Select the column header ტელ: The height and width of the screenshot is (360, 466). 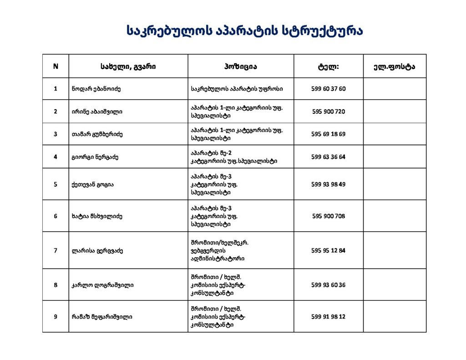point(328,66)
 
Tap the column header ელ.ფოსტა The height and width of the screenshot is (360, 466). point(395,66)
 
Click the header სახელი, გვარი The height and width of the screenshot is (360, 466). point(128,66)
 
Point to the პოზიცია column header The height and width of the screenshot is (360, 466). point(240,66)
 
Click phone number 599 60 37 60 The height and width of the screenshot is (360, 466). point(328,89)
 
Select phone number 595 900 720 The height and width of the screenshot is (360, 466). point(328,112)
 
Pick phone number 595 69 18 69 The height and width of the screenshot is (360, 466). point(328,134)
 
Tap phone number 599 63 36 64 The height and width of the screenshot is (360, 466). point(328,157)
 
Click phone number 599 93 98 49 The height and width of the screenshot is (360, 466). point(328,184)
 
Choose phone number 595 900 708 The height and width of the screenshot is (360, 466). point(328,216)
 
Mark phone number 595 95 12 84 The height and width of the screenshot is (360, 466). point(328,250)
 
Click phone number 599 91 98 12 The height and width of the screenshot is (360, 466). point(328,316)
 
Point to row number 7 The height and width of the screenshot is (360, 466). point(56,250)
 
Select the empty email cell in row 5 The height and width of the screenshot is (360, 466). point(395,184)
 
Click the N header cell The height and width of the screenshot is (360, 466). point(56,66)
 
